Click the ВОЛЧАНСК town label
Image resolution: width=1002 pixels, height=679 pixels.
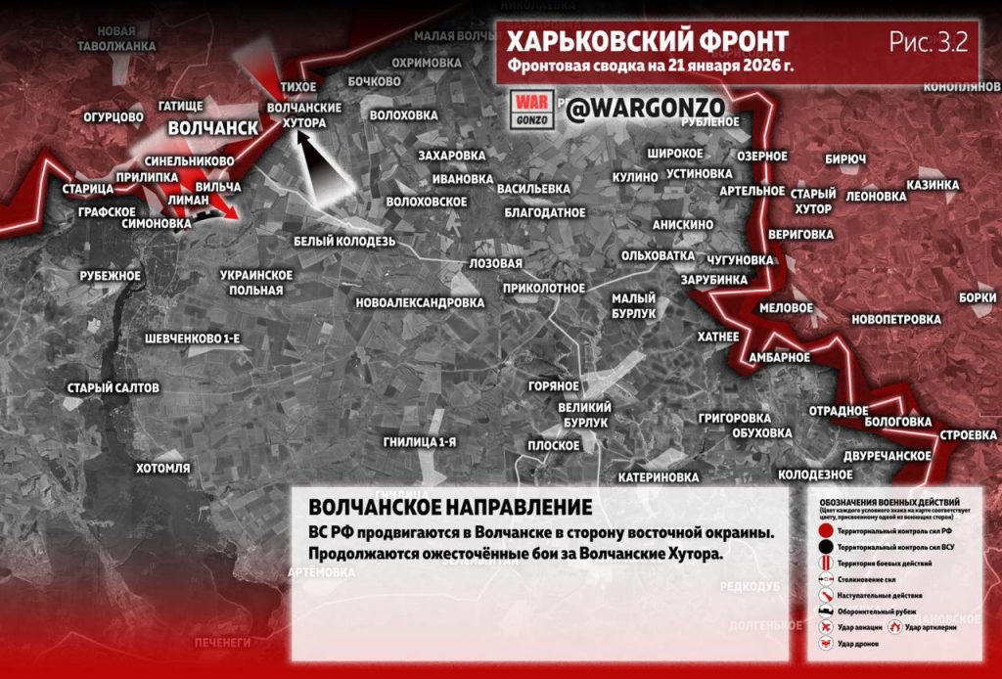tap(212, 128)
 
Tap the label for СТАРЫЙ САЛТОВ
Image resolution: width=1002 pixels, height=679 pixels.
tap(113, 388)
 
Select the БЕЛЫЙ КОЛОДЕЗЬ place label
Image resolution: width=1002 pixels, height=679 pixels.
tap(343, 241)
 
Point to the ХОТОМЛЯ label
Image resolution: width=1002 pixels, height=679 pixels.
tap(162, 468)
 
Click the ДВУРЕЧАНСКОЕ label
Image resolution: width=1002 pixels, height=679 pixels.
tap(887, 456)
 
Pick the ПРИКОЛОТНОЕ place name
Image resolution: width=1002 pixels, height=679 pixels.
tap(543, 288)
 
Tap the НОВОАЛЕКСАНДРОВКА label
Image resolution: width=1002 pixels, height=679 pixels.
tap(420, 302)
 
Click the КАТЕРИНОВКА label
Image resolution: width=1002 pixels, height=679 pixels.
tap(659, 477)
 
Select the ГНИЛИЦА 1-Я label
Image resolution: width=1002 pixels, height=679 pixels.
tap(420, 442)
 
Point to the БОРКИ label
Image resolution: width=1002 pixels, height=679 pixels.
tap(978, 297)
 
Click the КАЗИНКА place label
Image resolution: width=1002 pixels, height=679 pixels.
tap(932, 185)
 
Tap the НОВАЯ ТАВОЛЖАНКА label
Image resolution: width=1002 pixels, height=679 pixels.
tap(115, 38)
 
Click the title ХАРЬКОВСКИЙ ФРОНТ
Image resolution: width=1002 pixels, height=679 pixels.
tap(647, 42)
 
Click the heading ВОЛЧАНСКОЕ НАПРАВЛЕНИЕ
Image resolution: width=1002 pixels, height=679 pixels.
tap(450, 509)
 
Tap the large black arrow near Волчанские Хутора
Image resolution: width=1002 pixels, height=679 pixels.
tap(322, 166)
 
